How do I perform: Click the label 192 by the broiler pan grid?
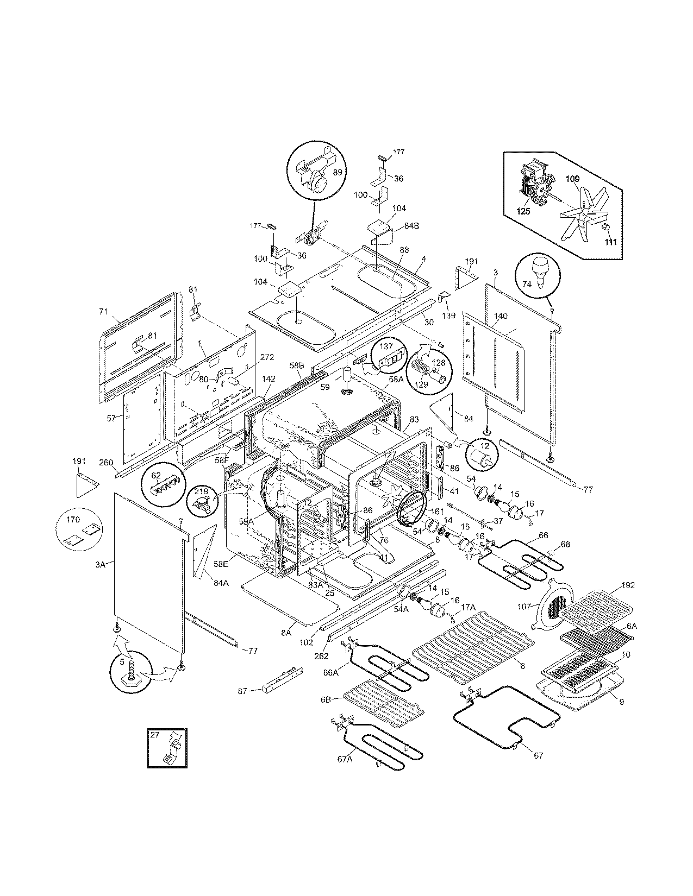628,585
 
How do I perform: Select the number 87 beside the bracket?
242,691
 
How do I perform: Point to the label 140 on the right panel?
501,316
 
